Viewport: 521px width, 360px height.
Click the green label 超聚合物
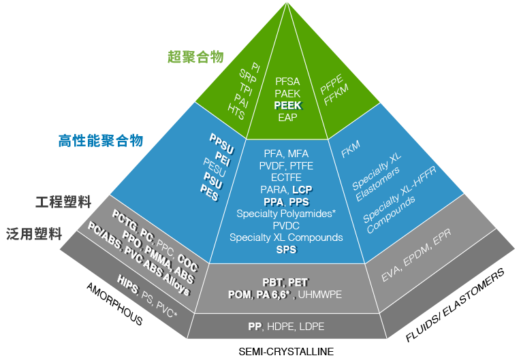195,56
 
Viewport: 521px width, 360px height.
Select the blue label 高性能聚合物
101,141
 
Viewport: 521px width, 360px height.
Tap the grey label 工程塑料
63,202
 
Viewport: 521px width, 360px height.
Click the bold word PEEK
288,105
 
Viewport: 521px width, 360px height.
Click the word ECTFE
286,177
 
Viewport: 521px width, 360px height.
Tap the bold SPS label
286,250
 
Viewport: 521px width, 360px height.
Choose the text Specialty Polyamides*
286,214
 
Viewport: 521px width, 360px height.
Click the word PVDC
286,226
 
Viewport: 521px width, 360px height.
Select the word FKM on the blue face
350,150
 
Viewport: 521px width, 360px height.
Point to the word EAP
288,117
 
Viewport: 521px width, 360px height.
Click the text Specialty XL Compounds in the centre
286,238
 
